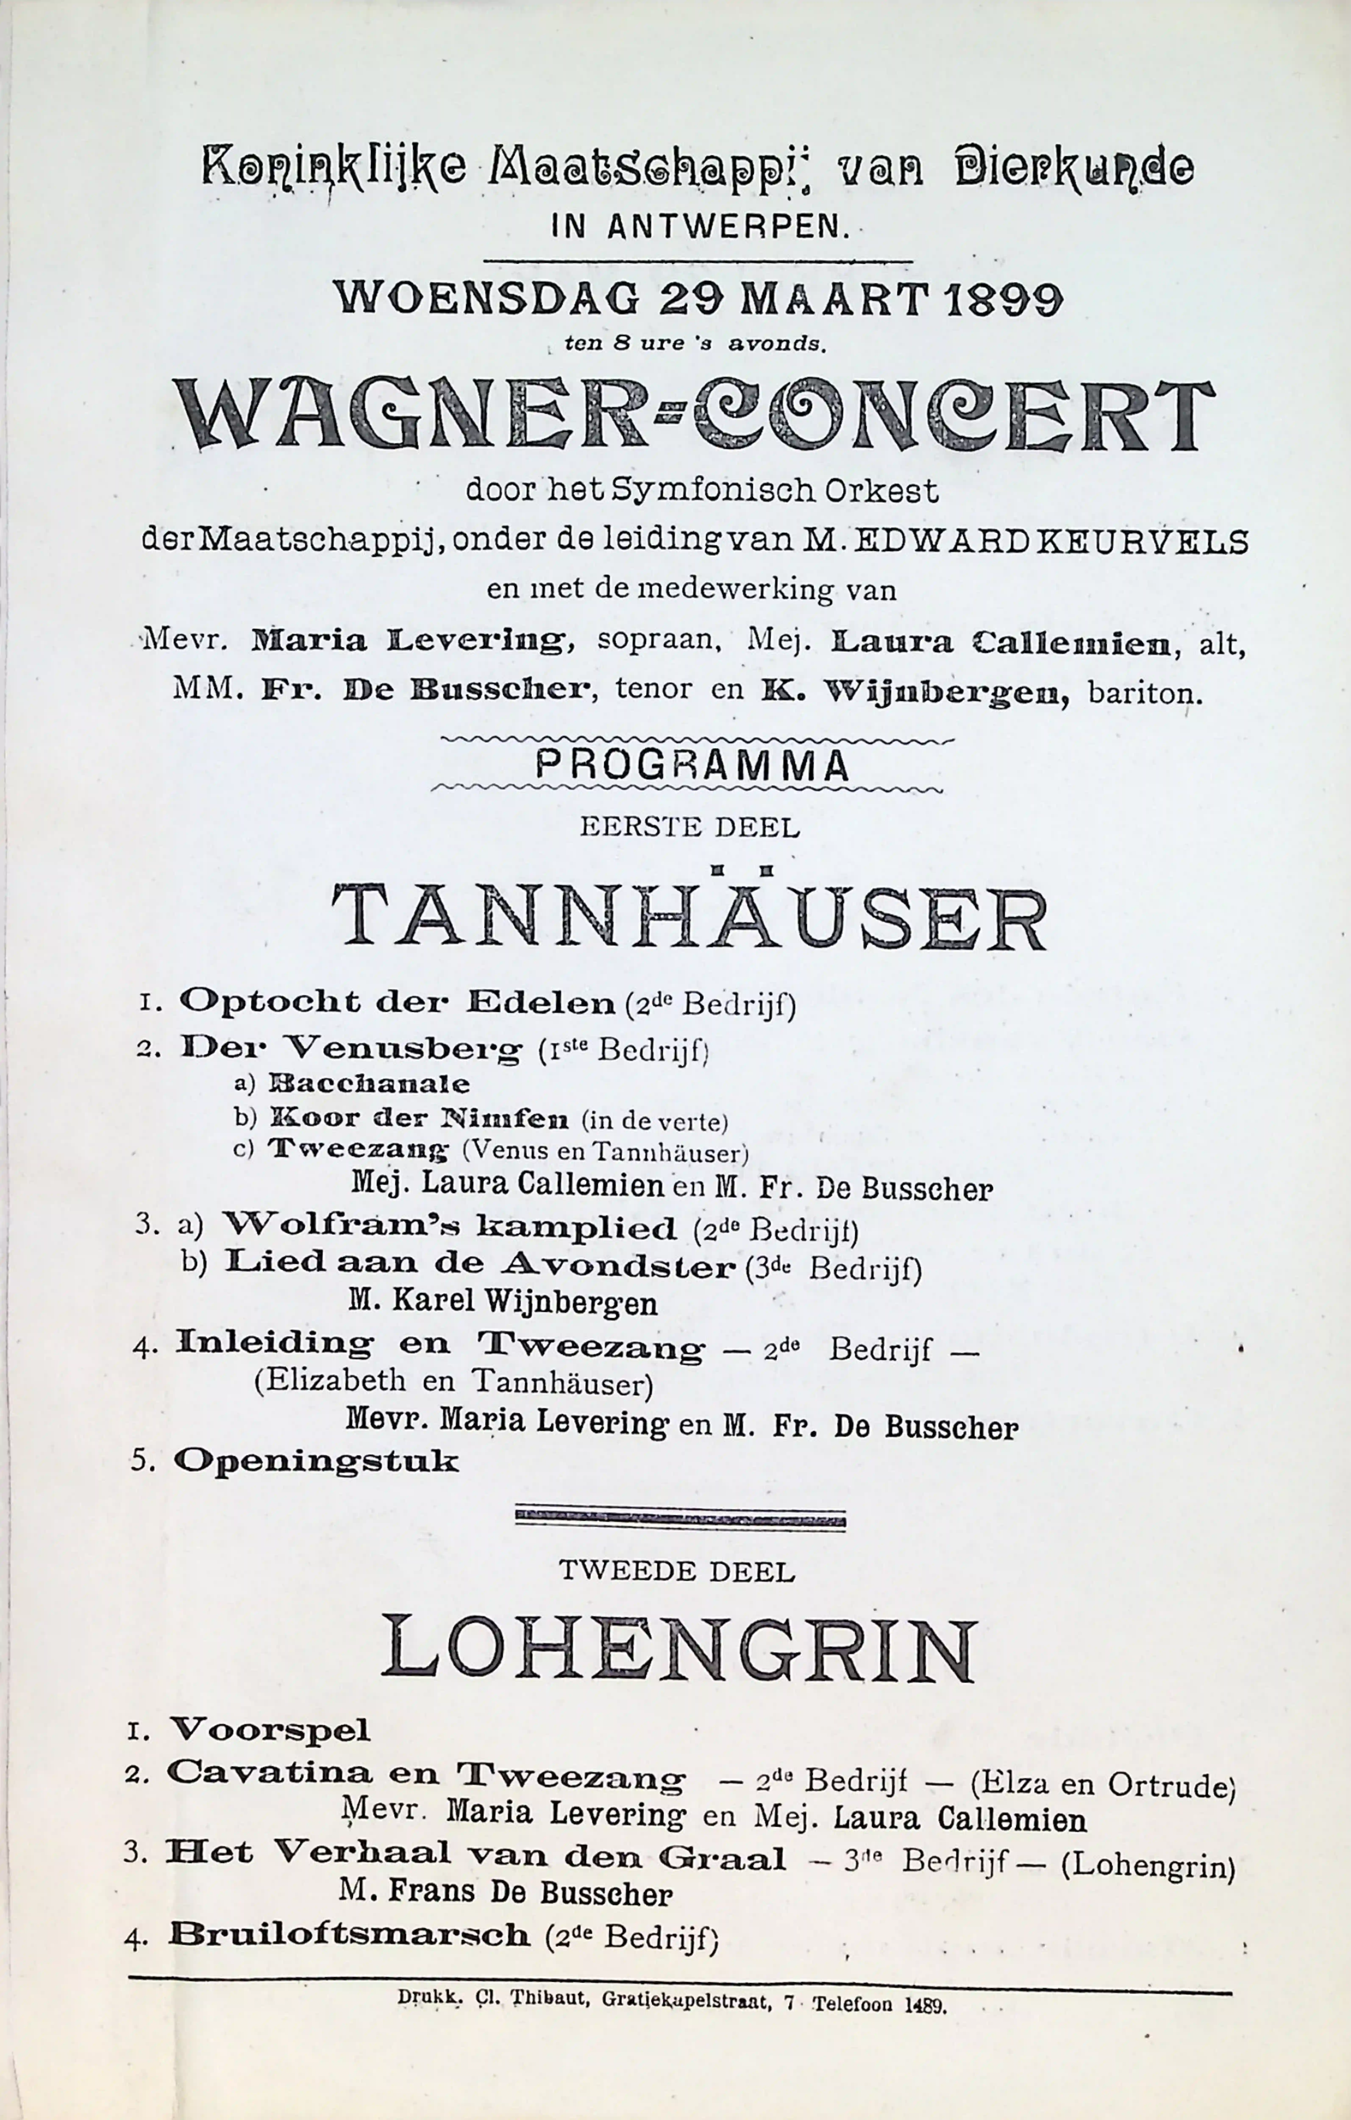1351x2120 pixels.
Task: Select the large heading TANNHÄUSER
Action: (689, 918)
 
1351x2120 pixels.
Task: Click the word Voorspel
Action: (269, 1730)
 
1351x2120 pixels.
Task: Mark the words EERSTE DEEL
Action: (689, 828)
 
